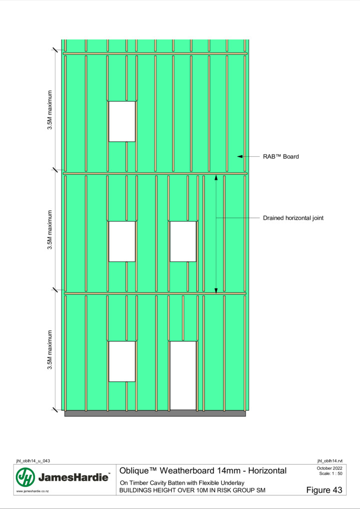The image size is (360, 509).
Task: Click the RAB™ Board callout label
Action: click(x=281, y=157)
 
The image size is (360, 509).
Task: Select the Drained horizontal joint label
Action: click(x=293, y=218)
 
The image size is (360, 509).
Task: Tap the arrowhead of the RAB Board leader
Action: click(x=240, y=157)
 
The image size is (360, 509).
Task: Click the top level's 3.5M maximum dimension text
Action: click(x=50, y=110)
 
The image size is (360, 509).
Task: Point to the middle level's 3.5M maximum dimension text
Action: click(x=50, y=230)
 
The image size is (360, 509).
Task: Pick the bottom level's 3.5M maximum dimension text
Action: click(x=50, y=350)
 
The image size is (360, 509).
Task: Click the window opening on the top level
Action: click(x=122, y=121)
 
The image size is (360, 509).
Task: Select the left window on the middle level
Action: click(x=122, y=242)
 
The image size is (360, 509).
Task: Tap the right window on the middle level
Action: click(x=183, y=242)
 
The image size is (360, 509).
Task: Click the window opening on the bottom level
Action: click(x=122, y=361)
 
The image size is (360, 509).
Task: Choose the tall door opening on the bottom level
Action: click(x=183, y=376)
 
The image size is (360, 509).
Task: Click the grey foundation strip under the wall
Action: click(x=155, y=413)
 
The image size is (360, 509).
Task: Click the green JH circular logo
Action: click(x=25, y=478)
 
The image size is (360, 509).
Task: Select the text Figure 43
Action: click(x=324, y=490)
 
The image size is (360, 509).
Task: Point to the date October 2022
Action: click(x=330, y=468)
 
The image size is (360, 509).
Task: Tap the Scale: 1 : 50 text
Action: click(x=331, y=474)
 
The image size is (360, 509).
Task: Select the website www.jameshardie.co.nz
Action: click(x=32, y=492)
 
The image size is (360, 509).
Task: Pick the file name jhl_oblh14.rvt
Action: click(x=330, y=461)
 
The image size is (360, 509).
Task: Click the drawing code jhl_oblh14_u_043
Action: click(x=33, y=461)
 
